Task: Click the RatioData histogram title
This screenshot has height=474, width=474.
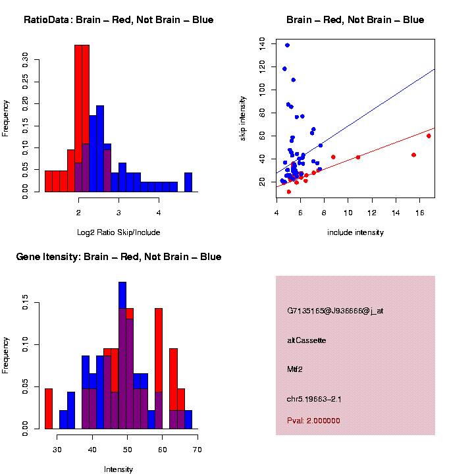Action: point(118,20)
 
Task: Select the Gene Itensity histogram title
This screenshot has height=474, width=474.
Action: point(118,257)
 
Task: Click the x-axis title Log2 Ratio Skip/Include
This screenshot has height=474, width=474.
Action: point(118,232)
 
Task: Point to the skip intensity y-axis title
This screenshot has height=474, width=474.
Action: point(243,118)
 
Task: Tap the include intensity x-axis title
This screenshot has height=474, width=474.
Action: point(355,232)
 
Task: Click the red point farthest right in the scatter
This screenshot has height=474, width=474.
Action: point(429,136)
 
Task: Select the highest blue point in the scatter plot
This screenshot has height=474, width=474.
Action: point(287,45)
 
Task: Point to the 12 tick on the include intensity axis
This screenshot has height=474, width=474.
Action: point(372,212)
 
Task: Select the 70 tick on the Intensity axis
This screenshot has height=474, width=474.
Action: point(197,449)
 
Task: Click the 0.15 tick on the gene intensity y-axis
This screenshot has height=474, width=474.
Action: point(26,303)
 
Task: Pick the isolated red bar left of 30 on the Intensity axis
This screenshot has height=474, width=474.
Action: point(49,408)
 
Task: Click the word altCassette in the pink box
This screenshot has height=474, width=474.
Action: point(306,340)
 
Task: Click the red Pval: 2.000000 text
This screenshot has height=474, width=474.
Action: point(313,421)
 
